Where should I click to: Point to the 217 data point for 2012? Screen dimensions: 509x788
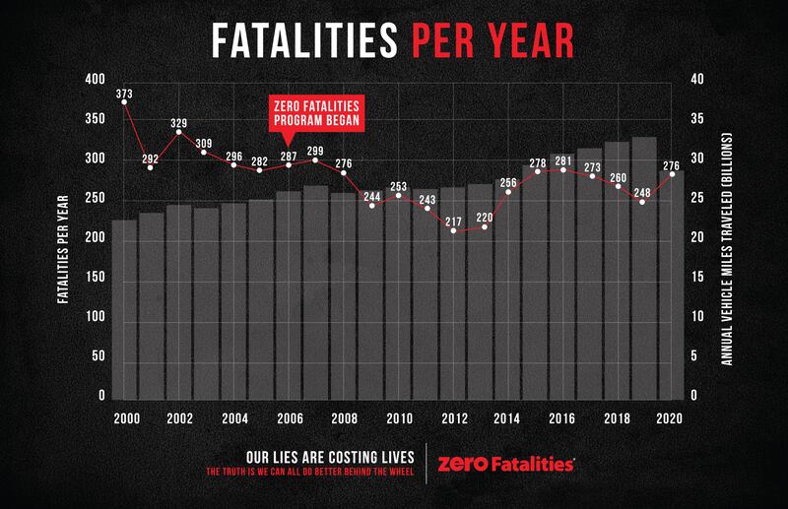[x=454, y=230]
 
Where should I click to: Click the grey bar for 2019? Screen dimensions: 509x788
[x=644, y=266]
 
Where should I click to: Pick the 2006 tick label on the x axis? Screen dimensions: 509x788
[x=289, y=417]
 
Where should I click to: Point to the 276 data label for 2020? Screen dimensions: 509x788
[x=673, y=165]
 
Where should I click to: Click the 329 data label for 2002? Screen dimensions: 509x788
[x=179, y=124]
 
